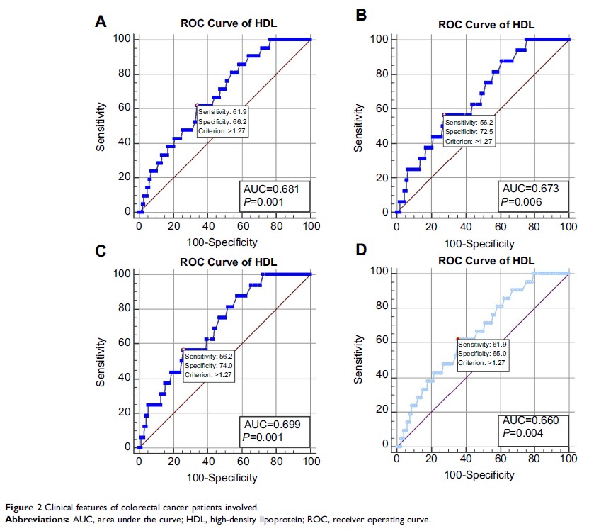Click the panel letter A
click(101, 21)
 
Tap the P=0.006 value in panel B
click(521, 202)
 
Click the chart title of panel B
click(486, 24)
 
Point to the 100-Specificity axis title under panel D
click(484, 474)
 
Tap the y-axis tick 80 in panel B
click(383, 72)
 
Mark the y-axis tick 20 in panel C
click(125, 412)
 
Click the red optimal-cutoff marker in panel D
click(459, 338)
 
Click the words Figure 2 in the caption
click(19, 507)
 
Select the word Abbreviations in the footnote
click(31, 519)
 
